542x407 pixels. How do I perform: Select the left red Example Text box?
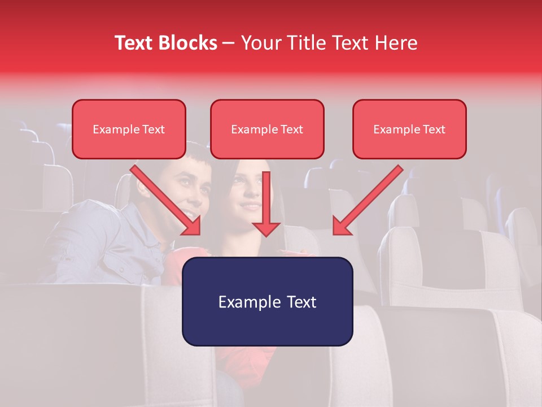[129, 129]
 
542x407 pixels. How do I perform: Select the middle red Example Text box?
[267, 129]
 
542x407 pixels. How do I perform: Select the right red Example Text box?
[409, 129]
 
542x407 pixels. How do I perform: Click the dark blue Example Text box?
[267, 301]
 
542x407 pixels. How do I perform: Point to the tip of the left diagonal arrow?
[199, 233]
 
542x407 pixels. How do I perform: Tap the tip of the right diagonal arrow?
[335, 233]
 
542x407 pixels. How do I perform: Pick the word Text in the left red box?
[153, 129]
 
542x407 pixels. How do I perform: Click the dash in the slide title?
[229, 43]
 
